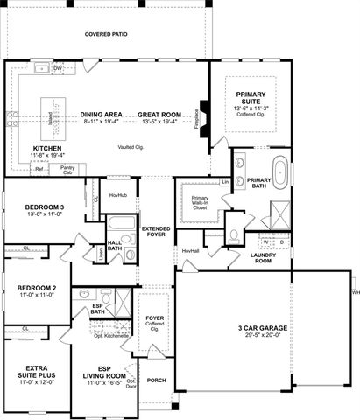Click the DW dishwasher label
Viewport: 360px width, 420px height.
tap(57, 67)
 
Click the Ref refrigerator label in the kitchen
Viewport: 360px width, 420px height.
tap(39, 168)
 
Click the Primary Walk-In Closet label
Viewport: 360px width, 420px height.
tap(200, 204)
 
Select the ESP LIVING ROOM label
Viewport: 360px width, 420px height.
tap(103, 372)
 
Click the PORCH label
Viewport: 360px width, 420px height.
tap(156, 380)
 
